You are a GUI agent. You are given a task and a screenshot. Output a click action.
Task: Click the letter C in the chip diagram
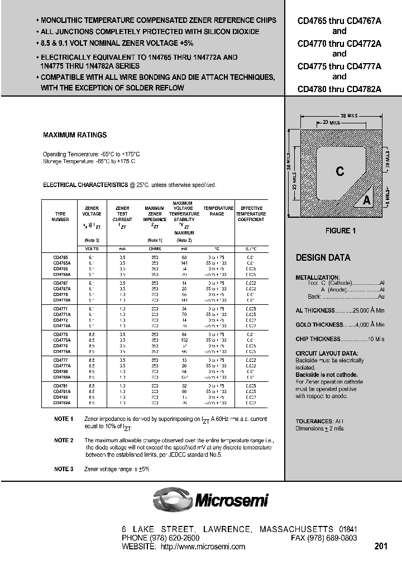pos(339,171)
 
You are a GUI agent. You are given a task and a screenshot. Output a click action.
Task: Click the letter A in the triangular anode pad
pos(367,200)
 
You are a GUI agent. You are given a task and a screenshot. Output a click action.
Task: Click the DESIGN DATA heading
pos(323,258)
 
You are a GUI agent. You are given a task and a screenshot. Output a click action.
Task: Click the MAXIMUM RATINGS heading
pos(75,135)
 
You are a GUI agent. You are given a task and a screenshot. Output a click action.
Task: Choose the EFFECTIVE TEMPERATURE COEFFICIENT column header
pos(251,214)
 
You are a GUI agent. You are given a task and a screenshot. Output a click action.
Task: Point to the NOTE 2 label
pos(64,440)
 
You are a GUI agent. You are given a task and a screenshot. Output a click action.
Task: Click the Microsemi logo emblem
pos(172,499)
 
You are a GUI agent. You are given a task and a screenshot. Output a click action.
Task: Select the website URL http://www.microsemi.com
pos(203,547)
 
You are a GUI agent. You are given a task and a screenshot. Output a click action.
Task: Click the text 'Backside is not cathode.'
pos(327,375)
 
